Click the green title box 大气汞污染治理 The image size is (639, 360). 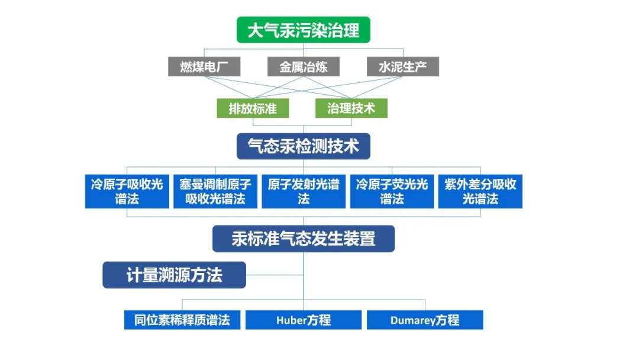pos(303,30)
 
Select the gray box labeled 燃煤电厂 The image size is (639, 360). pos(203,66)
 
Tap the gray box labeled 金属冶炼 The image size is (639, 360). pos(303,66)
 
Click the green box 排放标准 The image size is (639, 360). pos(253,108)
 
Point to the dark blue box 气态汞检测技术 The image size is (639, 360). pos(303,146)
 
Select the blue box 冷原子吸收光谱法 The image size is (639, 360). pos(127,191)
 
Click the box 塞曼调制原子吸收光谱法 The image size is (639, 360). pos(215,191)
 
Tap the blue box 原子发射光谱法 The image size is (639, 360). pos(304,191)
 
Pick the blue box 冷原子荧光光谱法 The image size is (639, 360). pos(392,191)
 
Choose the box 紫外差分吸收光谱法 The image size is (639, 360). pos(480,191)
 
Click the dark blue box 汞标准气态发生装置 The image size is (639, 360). pos(303,239)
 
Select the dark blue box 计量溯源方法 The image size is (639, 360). pos(174,275)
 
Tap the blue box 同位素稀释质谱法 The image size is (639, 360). pos(182,320)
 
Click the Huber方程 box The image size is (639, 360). pos(304,320)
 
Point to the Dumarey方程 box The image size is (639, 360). pos(425,320)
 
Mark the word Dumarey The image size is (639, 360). pos(413,320)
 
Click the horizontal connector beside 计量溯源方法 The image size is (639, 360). pos(275,275)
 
